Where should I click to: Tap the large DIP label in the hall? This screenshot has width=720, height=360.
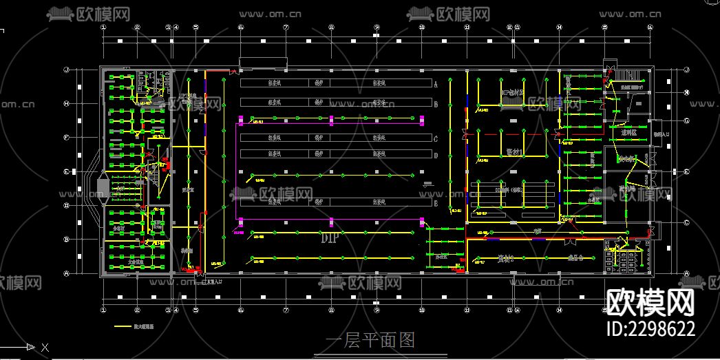tap(331, 239)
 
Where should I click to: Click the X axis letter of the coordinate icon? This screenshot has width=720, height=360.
tap(45, 348)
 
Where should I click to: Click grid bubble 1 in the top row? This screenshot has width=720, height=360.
tap(103, 28)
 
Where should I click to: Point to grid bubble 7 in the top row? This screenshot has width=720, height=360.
tap(286, 28)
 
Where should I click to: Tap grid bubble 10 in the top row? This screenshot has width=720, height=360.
tap(421, 28)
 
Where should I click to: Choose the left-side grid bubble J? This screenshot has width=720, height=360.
tap(67, 70)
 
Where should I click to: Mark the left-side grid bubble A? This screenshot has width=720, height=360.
tap(67, 273)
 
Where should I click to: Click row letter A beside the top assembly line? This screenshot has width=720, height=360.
tap(436, 83)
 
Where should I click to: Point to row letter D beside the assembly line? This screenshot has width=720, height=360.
tap(436, 156)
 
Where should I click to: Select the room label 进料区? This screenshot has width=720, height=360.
tap(628, 132)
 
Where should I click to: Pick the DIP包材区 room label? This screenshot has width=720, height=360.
tap(513, 92)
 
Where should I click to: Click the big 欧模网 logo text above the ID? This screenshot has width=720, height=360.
tap(650, 301)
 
